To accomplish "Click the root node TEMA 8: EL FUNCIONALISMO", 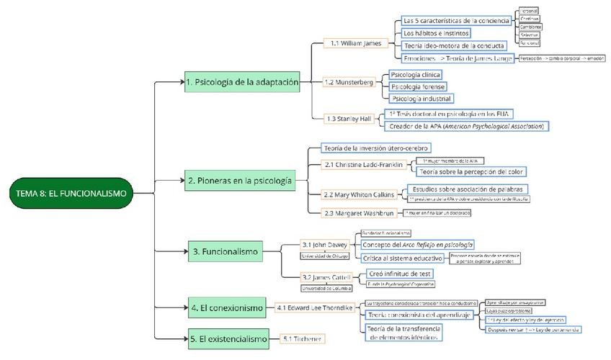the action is point(71,193).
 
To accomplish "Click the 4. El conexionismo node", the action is point(227,308).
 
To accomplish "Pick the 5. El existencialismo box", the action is point(228,338).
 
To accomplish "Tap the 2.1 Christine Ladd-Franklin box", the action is point(363,165).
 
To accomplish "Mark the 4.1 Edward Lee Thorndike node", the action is point(316,308).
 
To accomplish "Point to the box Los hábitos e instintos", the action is point(436,32).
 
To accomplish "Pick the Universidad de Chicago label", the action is point(324,256).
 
